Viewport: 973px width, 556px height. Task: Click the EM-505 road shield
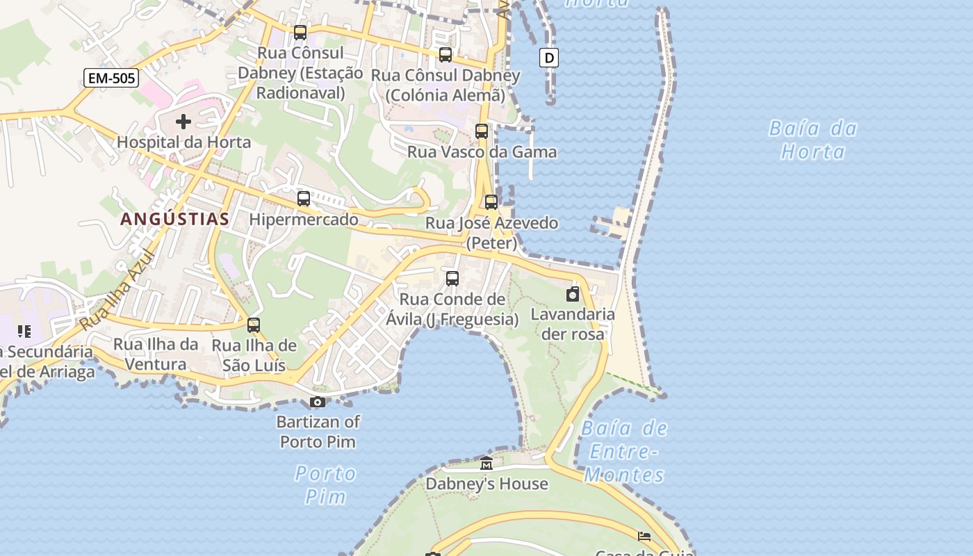(x=111, y=78)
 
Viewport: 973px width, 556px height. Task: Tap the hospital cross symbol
(x=183, y=122)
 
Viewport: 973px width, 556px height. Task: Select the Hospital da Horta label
(x=183, y=142)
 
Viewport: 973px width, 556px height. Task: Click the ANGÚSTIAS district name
(x=175, y=219)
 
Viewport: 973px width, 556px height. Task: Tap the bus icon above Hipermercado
(x=304, y=199)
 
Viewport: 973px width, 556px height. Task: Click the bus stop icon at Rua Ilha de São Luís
(x=254, y=325)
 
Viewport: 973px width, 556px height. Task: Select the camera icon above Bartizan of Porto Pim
(x=318, y=402)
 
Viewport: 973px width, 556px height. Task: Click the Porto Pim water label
(x=325, y=484)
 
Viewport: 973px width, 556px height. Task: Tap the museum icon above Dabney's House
(x=486, y=464)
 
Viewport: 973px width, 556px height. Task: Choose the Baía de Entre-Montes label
(x=624, y=452)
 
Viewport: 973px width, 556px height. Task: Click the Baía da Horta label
(x=812, y=140)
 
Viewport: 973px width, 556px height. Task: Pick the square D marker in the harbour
(x=549, y=58)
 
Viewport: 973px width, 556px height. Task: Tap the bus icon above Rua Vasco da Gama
(x=481, y=131)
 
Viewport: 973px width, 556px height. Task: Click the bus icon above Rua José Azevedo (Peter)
(x=491, y=202)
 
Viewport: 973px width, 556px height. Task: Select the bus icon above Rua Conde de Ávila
(x=452, y=279)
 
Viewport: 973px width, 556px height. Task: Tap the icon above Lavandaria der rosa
(x=573, y=294)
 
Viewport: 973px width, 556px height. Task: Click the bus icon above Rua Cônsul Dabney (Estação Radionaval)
(x=300, y=32)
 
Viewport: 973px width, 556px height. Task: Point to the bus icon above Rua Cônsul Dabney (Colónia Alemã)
(x=445, y=54)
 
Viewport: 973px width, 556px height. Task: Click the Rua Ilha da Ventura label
(x=156, y=354)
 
